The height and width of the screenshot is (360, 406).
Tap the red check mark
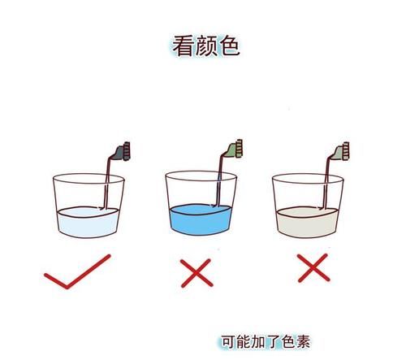coord(76,271)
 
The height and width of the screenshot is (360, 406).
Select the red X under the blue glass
coord(197,271)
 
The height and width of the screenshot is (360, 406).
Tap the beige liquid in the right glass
coord(305,221)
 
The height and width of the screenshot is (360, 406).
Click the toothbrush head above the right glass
coord(342,150)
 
